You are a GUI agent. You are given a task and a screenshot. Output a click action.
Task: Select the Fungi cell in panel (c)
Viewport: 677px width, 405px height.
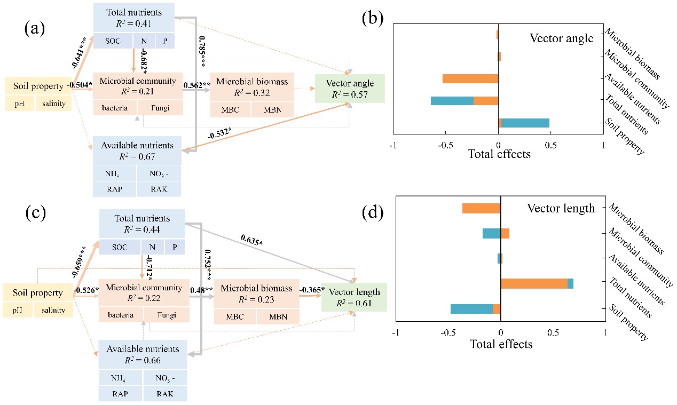166,315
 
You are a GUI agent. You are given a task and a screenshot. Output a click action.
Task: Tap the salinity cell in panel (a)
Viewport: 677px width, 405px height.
53,104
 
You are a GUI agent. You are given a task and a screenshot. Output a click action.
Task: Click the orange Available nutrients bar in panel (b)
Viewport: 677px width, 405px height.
470,78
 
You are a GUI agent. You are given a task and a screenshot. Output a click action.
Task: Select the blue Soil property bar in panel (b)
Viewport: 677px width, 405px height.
525,123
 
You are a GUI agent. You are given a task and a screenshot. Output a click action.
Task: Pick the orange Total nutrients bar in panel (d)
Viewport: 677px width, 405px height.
534,283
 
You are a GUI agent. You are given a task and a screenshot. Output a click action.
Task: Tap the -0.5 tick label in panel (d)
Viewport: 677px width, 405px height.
448,332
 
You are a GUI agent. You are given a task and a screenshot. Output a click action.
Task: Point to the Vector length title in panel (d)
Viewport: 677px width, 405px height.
561,209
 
